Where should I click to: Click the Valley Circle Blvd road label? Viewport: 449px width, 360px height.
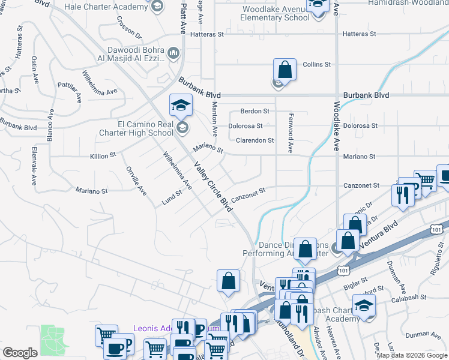point(213,187)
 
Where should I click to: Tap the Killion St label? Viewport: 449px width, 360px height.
point(103,155)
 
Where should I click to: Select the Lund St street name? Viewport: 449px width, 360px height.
point(172,198)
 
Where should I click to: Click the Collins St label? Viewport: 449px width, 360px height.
point(317,64)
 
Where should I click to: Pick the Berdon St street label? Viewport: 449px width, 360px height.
point(255,111)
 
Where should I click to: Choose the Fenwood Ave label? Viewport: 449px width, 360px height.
point(290,132)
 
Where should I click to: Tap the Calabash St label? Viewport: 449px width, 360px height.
point(406,296)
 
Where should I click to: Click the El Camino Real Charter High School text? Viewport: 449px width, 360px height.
point(145,128)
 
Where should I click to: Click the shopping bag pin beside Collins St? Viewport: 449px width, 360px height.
point(285,70)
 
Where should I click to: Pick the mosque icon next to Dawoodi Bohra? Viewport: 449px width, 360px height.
point(173,54)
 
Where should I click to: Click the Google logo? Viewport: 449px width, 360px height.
point(20,353)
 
